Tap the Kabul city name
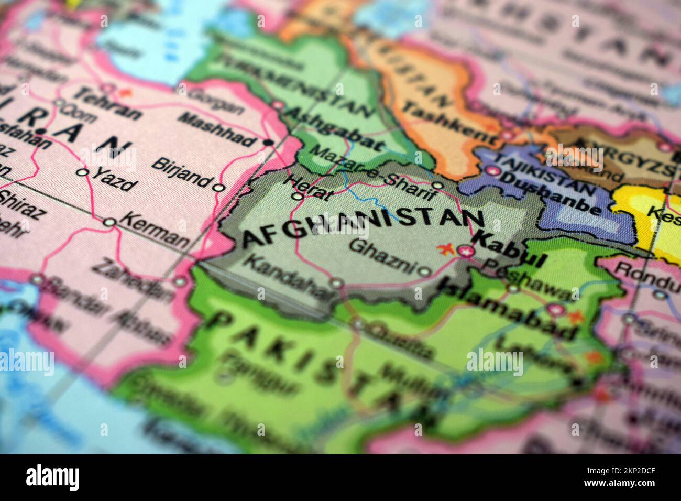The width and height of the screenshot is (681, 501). click(510, 249)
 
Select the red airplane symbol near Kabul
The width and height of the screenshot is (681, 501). click(447, 248)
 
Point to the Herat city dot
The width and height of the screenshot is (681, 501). click(297, 197)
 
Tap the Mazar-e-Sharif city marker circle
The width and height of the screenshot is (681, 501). click(437, 186)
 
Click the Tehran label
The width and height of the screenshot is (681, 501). click(107, 103)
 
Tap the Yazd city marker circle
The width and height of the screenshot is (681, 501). click(82, 172)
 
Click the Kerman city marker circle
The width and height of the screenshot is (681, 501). click(109, 223)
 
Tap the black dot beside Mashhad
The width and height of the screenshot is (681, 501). click(269, 142)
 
